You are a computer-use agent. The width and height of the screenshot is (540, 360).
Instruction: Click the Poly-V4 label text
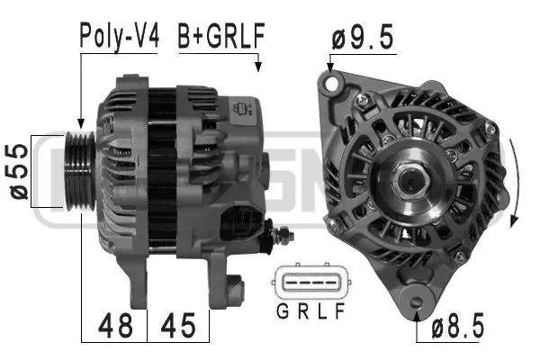(x=119, y=37)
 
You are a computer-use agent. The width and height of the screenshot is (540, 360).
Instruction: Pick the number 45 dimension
(x=177, y=325)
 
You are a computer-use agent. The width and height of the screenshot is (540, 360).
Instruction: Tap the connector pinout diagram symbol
(x=309, y=284)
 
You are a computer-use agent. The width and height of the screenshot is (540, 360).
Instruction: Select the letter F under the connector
(x=339, y=314)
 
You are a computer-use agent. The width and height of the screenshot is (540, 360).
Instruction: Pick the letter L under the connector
(x=319, y=314)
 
